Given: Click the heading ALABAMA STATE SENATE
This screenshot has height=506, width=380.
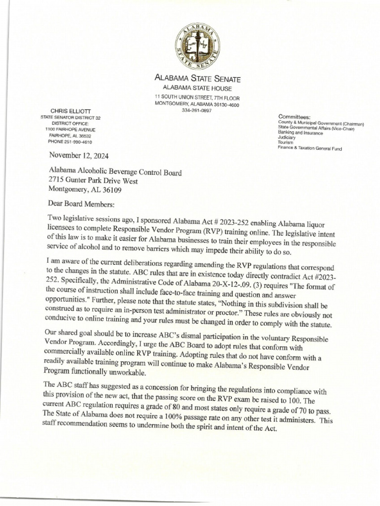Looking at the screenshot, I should click(x=198, y=78).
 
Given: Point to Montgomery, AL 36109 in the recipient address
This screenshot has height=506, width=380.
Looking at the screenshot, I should click(x=85, y=189).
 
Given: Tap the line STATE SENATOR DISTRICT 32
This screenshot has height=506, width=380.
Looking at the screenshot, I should click(x=70, y=118).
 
